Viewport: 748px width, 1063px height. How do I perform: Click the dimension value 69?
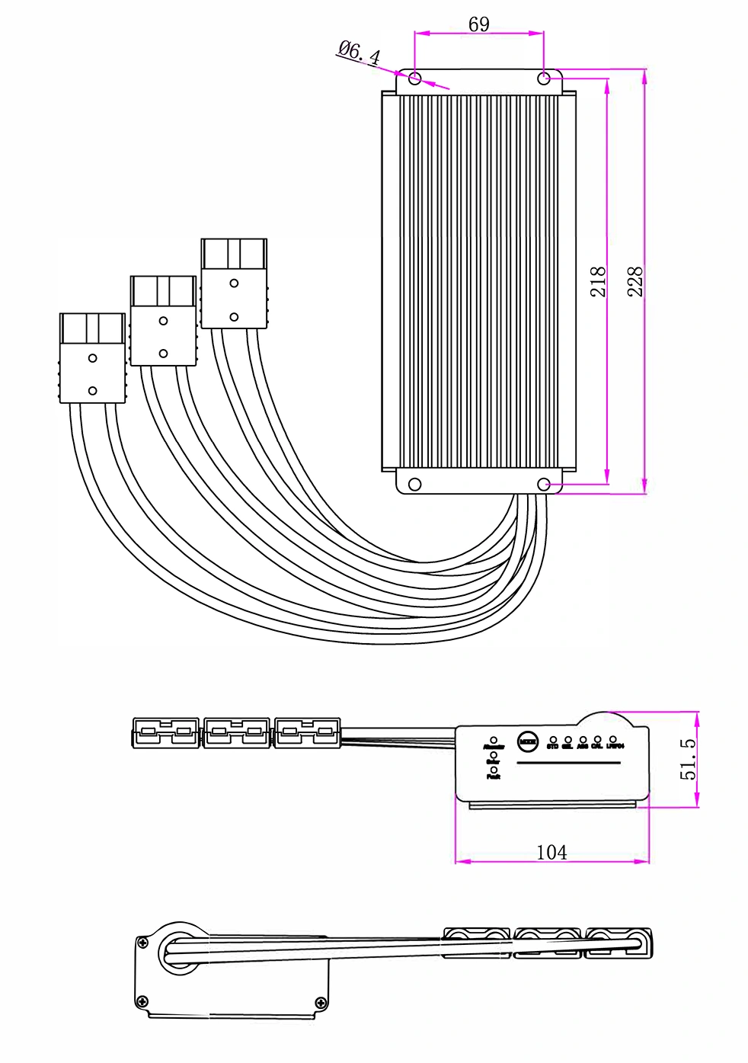478,24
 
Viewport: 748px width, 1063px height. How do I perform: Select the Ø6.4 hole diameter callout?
358,53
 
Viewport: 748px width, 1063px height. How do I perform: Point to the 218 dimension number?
599,281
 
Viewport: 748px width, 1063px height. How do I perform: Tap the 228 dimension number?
635,281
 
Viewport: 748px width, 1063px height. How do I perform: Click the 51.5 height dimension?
688,758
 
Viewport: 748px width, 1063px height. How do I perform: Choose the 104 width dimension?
551,852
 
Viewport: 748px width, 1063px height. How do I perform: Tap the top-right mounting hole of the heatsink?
544,78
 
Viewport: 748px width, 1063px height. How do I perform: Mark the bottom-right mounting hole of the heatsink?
544,485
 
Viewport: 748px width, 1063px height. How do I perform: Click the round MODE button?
527,739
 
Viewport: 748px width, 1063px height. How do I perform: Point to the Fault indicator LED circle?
494,770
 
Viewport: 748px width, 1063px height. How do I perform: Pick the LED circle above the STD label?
553,739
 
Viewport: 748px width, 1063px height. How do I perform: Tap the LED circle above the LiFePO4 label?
613,739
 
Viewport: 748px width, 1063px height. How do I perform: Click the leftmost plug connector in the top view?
92,358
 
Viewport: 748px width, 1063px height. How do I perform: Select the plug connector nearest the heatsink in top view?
234,283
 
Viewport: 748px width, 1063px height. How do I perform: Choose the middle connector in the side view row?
237,733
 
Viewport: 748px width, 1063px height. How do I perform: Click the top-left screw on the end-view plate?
142,943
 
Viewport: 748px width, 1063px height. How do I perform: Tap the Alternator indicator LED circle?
494,739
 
